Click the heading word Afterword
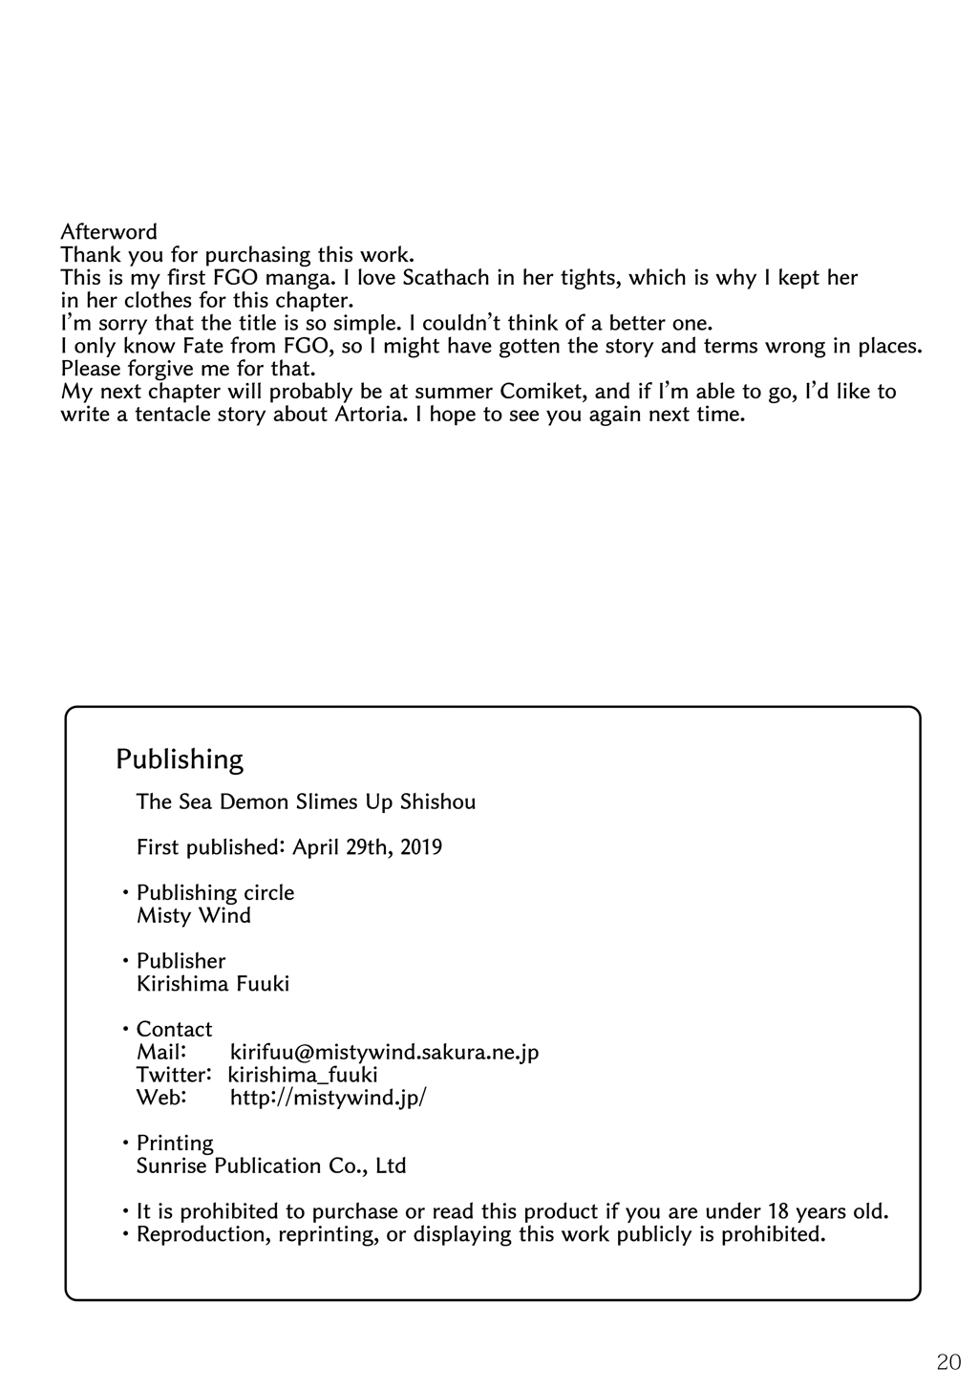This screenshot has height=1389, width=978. click(x=109, y=232)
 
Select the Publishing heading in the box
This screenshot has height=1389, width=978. click(x=180, y=759)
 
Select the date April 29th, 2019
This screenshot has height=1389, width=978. click(x=368, y=847)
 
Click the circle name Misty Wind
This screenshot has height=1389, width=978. click(x=194, y=916)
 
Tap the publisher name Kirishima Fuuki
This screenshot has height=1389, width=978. click(x=213, y=984)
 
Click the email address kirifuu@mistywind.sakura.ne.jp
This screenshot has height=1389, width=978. click(x=385, y=1053)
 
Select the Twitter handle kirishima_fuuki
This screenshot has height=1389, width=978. click(x=304, y=1075)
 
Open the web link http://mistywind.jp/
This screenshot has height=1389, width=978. click(x=329, y=1098)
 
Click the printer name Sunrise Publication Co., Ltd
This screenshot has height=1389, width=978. click(x=272, y=1166)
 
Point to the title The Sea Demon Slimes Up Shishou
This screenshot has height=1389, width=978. click(x=306, y=801)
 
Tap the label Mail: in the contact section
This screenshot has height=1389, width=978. click(x=160, y=1053)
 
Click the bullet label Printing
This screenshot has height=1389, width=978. click(x=175, y=1143)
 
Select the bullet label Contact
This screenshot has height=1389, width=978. click(x=175, y=1030)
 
